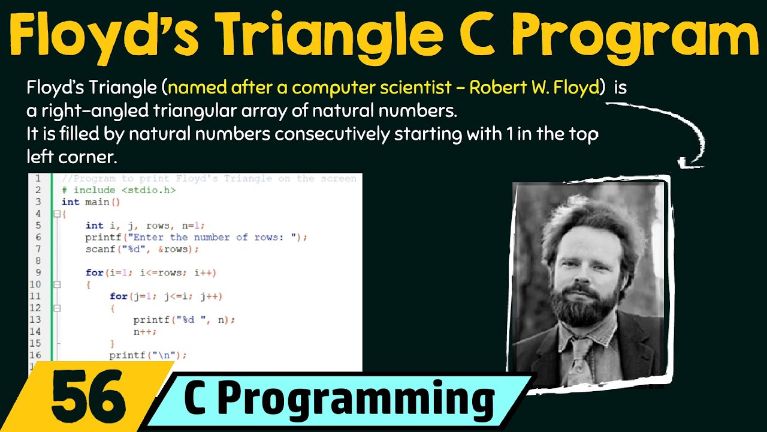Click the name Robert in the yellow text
click(x=495, y=88)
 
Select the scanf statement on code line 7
click(x=141, y=249)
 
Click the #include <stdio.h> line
click(x=119, y=190)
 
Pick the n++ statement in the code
click(x=145, y=331)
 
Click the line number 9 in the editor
click(x=38, y=272)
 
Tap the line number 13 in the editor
click(x=35, y=320)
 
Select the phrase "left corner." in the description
click(x=71, y=157)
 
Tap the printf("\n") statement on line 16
click(x=148, y=355)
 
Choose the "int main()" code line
click(x=91, y=202)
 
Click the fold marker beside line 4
click(x=56, y=214)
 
